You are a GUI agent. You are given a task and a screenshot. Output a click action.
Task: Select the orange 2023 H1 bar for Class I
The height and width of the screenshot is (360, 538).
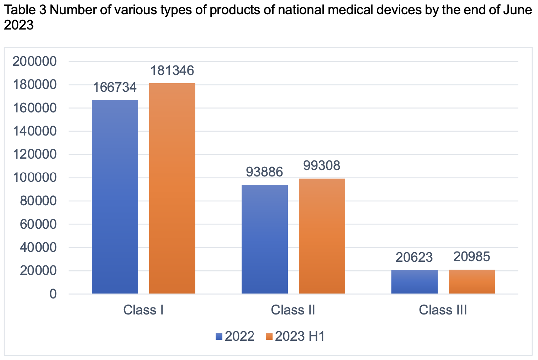[x=172, y=188]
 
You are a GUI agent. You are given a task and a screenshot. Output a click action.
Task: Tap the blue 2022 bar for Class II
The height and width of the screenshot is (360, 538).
[x=265, y=239]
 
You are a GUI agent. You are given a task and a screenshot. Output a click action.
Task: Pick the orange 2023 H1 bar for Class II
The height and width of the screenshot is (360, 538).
[x=322, y=236]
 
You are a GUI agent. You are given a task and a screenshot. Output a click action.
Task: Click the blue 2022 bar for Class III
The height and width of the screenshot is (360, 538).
[x=415, y=282]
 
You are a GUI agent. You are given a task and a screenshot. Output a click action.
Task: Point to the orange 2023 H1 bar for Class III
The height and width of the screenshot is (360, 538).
[x=472, y=281]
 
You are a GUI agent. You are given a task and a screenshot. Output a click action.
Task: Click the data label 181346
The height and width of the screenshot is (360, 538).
[x=172, y=70]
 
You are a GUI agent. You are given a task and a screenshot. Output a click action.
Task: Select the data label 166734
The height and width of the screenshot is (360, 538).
[x=115, y=87]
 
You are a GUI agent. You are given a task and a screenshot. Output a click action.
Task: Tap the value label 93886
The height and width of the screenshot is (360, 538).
[x=265, y=172]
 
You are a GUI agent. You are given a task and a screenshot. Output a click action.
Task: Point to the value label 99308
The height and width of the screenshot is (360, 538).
[x=322, y=165]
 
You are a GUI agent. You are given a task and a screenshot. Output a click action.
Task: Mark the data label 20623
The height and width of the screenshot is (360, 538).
[x=415, y=257]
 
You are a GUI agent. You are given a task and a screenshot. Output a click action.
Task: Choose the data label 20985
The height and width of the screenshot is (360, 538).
[x=472, y=256]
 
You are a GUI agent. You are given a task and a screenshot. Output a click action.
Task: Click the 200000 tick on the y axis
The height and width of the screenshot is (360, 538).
[x=35, y=62]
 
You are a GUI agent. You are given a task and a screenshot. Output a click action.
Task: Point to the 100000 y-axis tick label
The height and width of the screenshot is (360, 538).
[x=35, y=178]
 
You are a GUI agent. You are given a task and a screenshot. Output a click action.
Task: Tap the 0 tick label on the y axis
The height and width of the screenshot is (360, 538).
[x=53, y=294]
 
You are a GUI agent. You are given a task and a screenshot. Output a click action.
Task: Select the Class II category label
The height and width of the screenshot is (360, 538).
[x=293, y=310]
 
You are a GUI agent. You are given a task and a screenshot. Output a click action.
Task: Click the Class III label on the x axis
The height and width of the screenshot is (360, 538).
[x=443, y=310]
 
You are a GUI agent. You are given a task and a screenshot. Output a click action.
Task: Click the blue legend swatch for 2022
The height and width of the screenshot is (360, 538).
[x=219, y=336]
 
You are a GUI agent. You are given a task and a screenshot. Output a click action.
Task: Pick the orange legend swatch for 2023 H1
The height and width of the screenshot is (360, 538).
[x=269, y=336]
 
